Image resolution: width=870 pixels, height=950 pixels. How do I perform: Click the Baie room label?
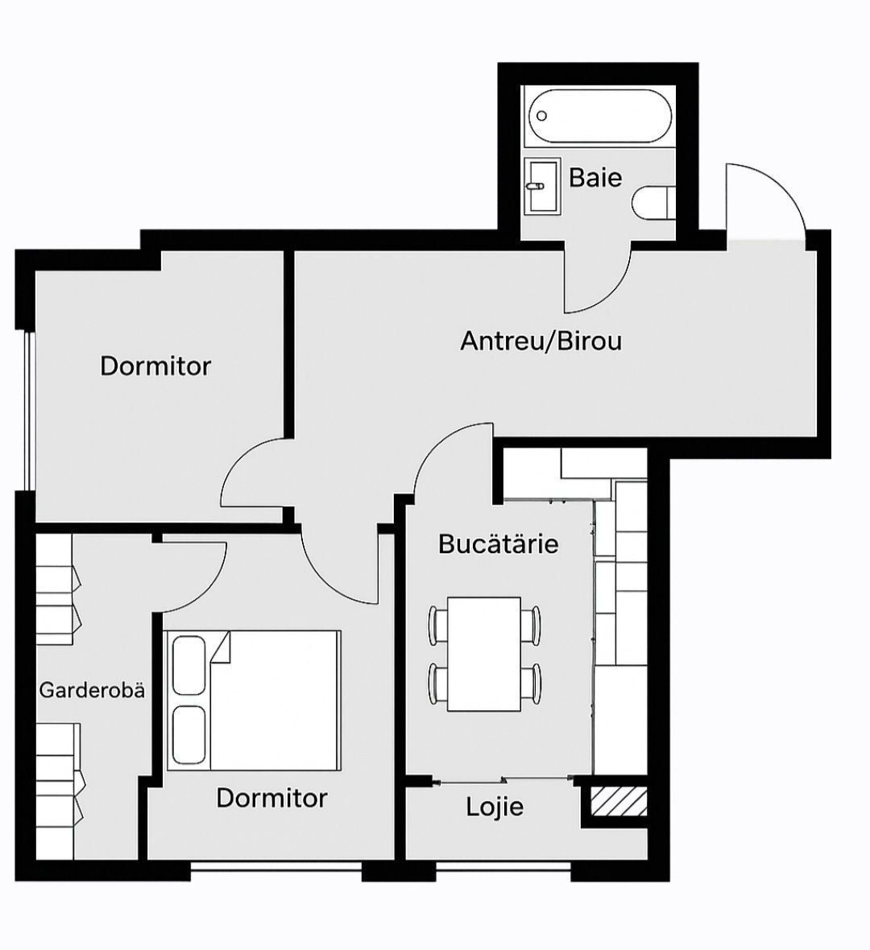(595, 177)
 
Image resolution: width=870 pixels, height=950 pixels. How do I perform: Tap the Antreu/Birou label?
(541, 341)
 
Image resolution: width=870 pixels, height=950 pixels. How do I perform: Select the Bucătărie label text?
(498, 543)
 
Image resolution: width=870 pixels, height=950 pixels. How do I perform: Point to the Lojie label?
(495, 807)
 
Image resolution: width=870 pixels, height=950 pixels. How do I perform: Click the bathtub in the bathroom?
(599, 117)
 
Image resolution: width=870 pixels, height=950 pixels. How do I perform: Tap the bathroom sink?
(543, 186)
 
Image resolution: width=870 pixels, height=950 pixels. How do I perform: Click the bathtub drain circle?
(542, 116)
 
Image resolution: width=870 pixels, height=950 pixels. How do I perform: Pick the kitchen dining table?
(484, 655)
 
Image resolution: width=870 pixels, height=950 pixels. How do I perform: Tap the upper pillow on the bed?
(189, 665)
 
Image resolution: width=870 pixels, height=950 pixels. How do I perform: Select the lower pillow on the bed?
(189, 736)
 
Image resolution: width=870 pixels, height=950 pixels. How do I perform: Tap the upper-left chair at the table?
(437, 626)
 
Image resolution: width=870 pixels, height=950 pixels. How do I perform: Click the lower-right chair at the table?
(531, 684)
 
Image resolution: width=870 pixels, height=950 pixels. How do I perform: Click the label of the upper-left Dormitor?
(155, 366)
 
